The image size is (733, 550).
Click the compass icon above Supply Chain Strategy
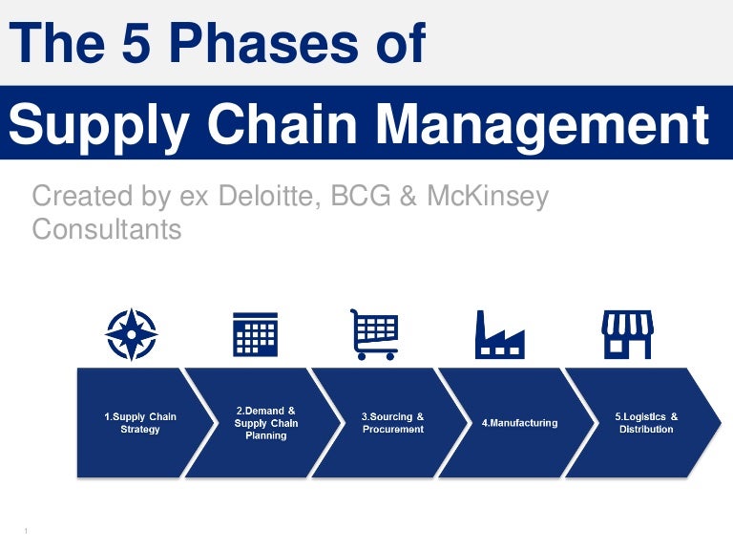pyautogui.click(x=132, y=334)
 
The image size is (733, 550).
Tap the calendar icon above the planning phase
pyautogui.click(x=255, y=334)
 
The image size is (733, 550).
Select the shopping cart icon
pyautogui.click(x=374, y=334)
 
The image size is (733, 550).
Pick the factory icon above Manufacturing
pyautogui.click(x=500, y=334)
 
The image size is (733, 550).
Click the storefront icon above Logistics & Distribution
pyautogui.click(x=627, y=334)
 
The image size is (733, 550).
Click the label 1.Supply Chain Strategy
pyautogui.click(x=140, y=423)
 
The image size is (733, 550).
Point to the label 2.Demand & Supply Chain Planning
pyautogui.click(x=266, y=423)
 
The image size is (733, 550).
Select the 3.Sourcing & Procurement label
pyautogui.click(x=392, y=423)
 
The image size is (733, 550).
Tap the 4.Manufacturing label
pyautogui.click(x=520, y=423)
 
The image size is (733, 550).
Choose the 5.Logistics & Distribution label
pyautogui.click(x=646, y=423)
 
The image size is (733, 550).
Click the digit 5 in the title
pyautogui.click(x=136, y=43)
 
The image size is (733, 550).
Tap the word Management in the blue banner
pyautogui.click(x=542, y=124)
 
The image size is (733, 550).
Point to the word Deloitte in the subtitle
pyautogui.click(x=270, y=196)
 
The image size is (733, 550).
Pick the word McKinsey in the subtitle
pyautogui.click(x=488, y=197)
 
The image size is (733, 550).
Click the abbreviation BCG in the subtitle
pyautogui.click(x=361, y=196)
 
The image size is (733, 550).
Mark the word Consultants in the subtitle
pyautogui.click(x=107, y=229)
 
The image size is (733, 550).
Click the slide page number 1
pyautogui.click(x=26, y=531)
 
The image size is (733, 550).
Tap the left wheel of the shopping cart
pyautogui.click(x=362, y=356)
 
